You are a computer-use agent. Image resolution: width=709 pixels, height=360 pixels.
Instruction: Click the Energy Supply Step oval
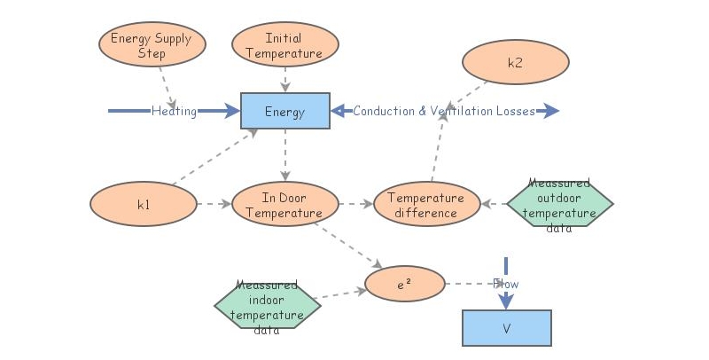coord(152,46)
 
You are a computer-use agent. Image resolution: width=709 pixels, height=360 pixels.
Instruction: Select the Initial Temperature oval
coord(284,46)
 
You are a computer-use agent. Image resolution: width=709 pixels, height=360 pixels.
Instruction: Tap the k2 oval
coord(515,63)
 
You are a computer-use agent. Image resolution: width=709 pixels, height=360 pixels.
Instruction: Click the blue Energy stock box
coord(284,112)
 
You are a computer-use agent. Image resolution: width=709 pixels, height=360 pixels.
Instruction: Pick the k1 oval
coord(143,205)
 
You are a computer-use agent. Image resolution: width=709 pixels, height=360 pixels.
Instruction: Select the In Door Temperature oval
coord(284,205)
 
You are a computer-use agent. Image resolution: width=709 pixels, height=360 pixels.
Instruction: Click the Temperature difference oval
coord(426,205)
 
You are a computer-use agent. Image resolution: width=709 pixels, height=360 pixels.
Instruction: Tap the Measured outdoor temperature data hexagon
coord(559,205)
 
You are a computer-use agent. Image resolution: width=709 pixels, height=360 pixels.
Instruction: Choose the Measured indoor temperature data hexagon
coord(267,307)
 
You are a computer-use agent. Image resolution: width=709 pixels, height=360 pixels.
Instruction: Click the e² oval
coord(404,285)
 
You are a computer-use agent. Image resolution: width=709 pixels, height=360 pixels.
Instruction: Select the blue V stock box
coord(506,328)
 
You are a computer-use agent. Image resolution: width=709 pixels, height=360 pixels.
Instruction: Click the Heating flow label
coord(174,112)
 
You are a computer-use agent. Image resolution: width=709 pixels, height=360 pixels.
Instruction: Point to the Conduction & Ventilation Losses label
coord(443,112)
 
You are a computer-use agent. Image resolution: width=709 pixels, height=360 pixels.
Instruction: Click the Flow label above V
coord(506,284)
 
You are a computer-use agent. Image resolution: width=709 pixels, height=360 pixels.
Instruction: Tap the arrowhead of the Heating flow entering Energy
coord(232,112)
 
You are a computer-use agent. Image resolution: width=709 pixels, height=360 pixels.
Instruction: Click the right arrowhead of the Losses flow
coord(551,112)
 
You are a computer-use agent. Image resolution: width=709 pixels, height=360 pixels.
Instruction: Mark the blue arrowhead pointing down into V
coord(506,301)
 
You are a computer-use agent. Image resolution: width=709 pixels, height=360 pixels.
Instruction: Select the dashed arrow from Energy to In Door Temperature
coord(284,155)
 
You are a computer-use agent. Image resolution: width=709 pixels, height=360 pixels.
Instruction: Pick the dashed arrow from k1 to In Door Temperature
coord(213,205)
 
